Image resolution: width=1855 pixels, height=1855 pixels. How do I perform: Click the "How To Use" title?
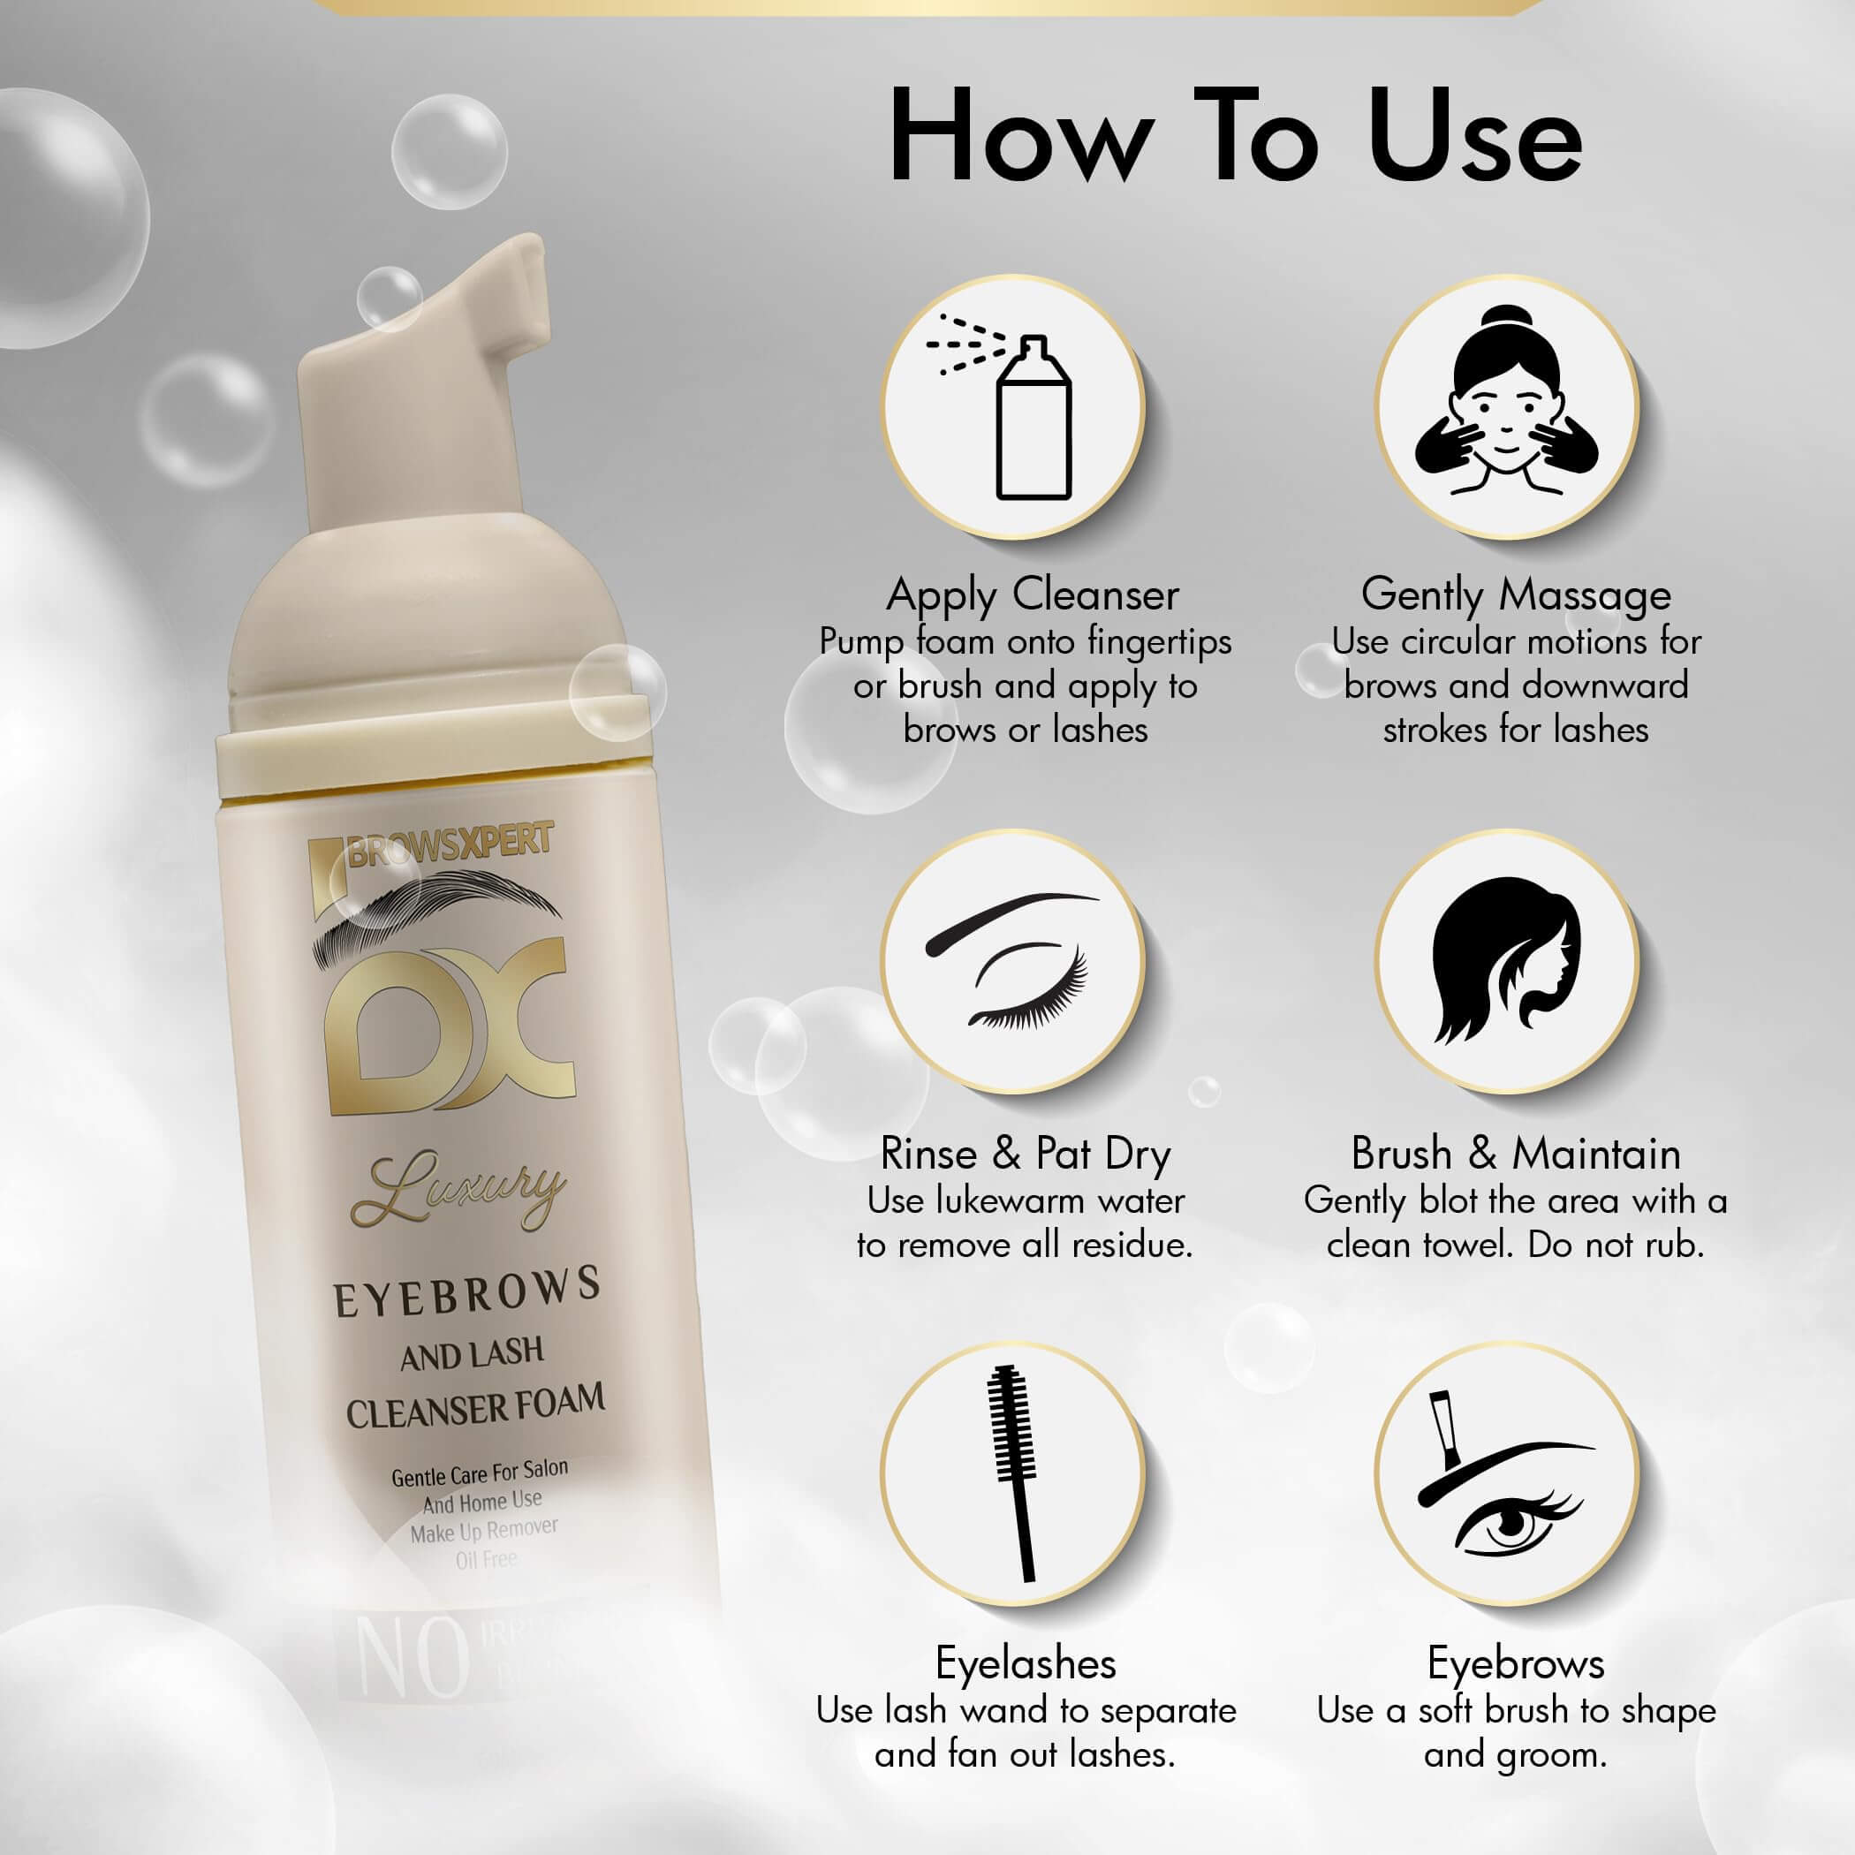pyautogui.click(x=1235, y=137)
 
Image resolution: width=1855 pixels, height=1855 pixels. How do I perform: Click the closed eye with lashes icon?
pyautogui.click(x=1013, y=960)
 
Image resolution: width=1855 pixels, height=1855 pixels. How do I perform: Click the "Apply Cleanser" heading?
pyautogui.click(x=1032, y=594)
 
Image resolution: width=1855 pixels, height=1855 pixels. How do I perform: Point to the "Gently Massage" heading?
pyautogui.click(x=1516, y=594)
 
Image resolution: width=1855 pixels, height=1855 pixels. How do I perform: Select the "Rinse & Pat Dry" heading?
pyautogui.click(x=1026, y=1153)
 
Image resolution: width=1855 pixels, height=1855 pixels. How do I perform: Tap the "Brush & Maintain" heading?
pyautogui.click(x=1516, y=1153)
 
